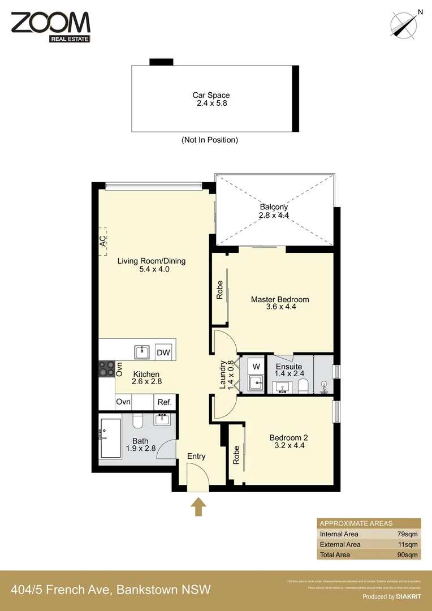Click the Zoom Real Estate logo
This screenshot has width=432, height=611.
(50, 26)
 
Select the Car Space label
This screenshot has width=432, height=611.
(211, 99)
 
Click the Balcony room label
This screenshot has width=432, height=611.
(274, 211)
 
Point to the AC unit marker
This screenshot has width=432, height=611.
(102, 241)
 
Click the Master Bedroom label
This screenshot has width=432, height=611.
(280, 303)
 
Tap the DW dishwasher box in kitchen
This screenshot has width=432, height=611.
(163, 352)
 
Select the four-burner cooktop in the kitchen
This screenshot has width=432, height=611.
(106, 369)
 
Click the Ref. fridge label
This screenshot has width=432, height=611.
(165, 402)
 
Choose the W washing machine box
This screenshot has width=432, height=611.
(256, 365)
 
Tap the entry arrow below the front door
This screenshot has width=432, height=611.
(198, 506)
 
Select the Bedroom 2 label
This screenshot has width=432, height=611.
(288, 442)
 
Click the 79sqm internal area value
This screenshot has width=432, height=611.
(407, 534)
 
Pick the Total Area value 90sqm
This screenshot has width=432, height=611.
(407, 554)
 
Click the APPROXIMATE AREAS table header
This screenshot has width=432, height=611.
(356, 523)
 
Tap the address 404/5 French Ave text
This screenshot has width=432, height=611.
(111, 590)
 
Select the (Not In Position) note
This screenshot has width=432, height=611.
(209, 140)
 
